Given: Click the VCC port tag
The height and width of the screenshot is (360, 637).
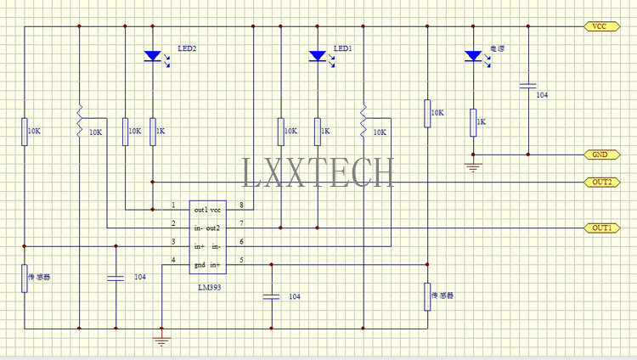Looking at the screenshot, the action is click(x=601, y=26).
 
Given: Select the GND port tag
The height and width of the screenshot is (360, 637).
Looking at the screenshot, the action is click(x=601, y=155).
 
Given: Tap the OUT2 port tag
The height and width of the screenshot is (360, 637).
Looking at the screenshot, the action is click(x=601, y=182).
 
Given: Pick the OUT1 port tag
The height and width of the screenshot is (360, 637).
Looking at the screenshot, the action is click(x=601, y=228).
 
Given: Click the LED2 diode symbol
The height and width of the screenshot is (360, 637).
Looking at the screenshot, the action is click(x=153, y=56).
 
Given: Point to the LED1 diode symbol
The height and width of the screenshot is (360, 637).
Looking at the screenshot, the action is click(x=318, y=56).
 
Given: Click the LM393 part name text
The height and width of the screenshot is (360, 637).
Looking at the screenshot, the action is click(x=210, y=287).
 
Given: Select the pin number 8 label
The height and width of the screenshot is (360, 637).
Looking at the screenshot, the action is click(x=241, y=205).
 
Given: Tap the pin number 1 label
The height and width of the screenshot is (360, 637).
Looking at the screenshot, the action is click(x=173, y=205).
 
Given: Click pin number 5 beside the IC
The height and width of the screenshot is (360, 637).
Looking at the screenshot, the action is click(x=241, y=260).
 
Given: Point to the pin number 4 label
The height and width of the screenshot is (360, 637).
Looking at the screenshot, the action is click(x=173, y=260).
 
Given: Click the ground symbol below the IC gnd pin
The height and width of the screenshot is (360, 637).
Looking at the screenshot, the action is click(x=161, y=341).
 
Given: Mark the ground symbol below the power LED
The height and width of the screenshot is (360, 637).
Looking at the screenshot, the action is click(x=473, y=167).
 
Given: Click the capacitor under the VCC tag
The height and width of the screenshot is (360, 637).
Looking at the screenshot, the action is click(x=528, y=86).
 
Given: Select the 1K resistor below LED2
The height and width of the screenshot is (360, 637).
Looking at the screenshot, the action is click(x=153, y=132).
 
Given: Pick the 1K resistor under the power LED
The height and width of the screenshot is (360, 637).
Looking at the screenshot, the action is click(x=473, y=122).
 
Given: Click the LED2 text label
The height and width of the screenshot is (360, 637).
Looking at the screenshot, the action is click(x=188, y=48).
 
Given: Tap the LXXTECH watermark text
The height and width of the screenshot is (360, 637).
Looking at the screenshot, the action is click(x=318, y=172).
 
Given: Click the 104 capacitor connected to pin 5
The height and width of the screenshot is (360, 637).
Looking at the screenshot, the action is click(x=272, y=297).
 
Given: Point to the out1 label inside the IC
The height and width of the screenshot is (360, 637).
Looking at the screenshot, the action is click(x=200, y=210).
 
